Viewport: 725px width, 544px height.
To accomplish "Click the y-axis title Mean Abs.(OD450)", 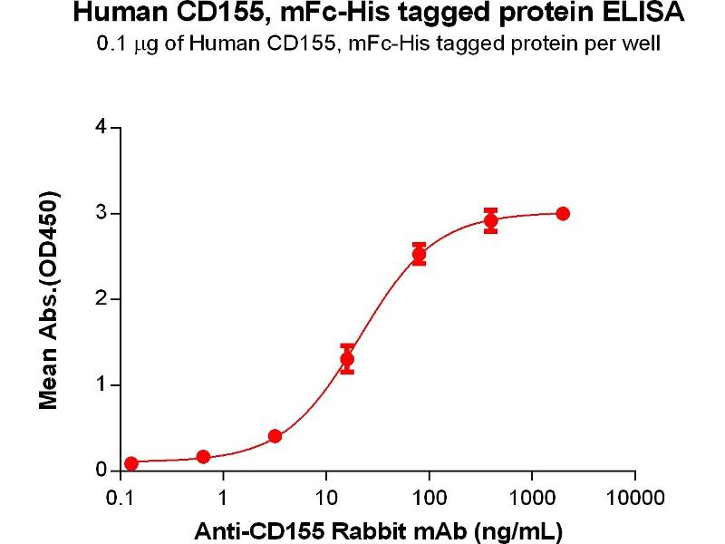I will [x=50, y=299].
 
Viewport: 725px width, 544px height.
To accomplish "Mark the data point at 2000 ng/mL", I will [x=563, y=213].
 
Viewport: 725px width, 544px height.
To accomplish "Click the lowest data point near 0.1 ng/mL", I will [x=131, y=463].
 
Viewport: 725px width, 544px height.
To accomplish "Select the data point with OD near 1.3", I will [x=347, y=359].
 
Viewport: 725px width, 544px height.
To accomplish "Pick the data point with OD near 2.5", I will [x=419, y=255].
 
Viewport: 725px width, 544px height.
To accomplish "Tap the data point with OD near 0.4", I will [x=275, y=436].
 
